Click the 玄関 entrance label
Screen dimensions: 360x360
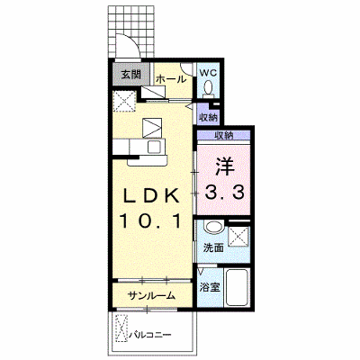coord(131,74)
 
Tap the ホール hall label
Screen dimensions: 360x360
coord(171,79)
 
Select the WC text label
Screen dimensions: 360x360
coord(208,73)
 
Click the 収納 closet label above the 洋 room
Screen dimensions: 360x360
coord(224,136)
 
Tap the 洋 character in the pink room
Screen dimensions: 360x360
coord(224,167)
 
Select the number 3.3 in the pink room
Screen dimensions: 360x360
coord(224,192)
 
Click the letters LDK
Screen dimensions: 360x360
coord(152,197)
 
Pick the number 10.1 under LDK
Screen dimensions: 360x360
coord(151,221)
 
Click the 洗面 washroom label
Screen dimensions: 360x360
coord(214,247)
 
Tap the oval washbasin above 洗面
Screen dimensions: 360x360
coord(213,227)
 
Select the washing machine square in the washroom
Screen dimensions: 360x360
coord(238,237)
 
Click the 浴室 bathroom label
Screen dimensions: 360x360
coord(210,288)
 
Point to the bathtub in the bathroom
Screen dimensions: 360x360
coord(237,288)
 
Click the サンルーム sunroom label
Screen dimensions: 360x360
coord(151,296)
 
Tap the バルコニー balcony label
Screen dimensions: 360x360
coord(150,334)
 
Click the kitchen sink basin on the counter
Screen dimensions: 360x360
coord(155,147)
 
